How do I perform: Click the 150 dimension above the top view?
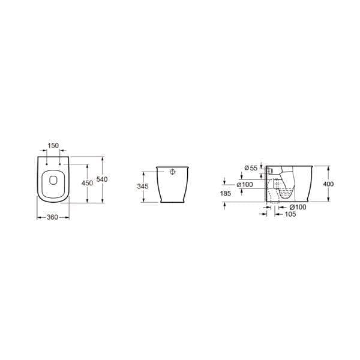click(53, 146)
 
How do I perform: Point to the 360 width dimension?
click(53, 217)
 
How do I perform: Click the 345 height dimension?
click(142, 187)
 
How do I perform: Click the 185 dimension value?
click(226, 193)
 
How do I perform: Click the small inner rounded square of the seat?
click(53, 179)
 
